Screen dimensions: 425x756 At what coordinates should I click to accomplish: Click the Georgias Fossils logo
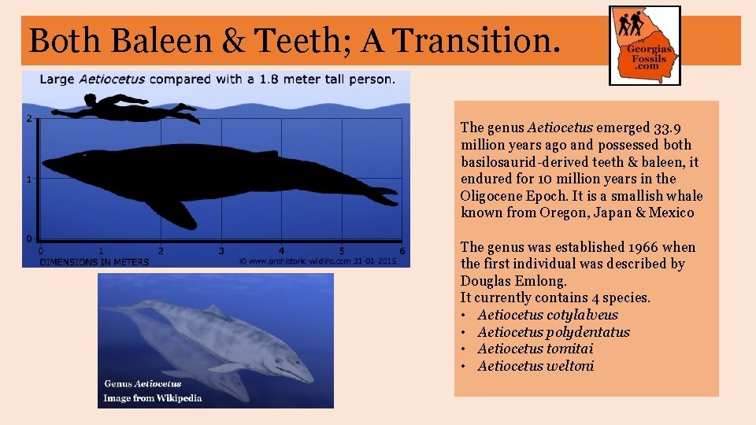pos(645,45)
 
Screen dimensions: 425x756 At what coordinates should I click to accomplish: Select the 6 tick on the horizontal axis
pos(402,250)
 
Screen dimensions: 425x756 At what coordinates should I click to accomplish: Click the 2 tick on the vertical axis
pos(29,119)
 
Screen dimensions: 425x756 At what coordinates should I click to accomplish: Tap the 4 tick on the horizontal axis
pos(282,250)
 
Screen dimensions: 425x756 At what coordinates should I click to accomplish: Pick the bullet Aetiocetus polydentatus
pos(553,332)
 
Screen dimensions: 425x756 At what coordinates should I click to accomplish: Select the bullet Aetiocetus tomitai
pos(535,349)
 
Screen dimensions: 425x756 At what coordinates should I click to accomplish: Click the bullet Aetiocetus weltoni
pos(535,366)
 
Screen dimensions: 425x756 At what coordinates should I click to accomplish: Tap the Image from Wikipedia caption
pos(153,397)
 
